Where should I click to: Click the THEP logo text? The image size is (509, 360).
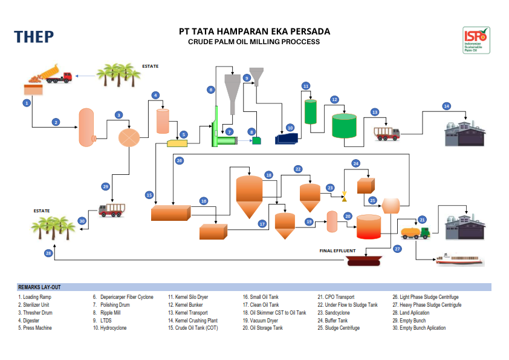click(x=34, y=37)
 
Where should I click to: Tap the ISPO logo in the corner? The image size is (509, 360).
click(x=476, y=41)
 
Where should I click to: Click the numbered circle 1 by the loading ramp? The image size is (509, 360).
click(x=27, y=103)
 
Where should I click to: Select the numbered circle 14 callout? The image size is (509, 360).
click(x=446, y=106)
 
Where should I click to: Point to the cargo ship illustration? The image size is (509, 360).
click(x=460, y=261)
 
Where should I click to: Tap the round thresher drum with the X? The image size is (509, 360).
click(x=128, y=137)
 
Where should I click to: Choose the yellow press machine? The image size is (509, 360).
click(x=177, y=143)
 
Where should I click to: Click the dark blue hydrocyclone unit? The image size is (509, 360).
click(x=287, y=139)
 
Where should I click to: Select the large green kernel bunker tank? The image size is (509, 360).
click(x=343, y=125)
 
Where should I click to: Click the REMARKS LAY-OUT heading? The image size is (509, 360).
click(x=39, y=287)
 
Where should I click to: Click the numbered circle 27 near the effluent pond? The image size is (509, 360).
click(x=397, y=249)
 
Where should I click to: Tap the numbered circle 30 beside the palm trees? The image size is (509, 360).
click(x=82, y=221)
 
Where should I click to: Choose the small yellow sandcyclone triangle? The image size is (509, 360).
click(x=344, y=196)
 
